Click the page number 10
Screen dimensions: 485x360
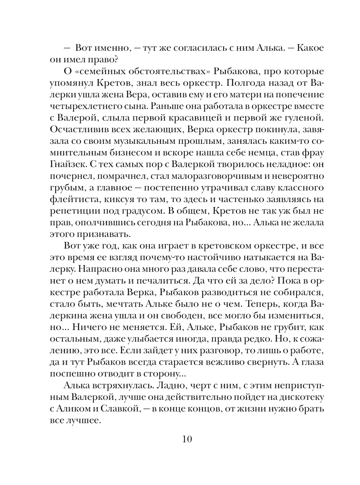click(188, 439)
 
